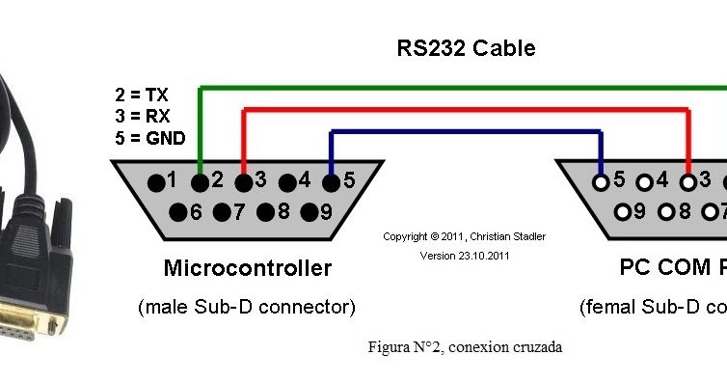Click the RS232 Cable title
click(466, 48)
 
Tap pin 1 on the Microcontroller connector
click(155, 180)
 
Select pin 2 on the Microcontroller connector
click(200, 180)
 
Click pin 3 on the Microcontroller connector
click(244, 180)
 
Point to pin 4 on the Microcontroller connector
click(287, 180)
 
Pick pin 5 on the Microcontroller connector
click(332, 180)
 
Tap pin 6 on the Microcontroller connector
click(177, 212)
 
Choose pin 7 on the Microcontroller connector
click(222, 212)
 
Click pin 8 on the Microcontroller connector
click(265, 212)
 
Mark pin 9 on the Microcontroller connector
click(310, 212)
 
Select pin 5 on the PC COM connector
click(601, 180)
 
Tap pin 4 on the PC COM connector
click(644, 180)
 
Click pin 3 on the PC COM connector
click(687, 180)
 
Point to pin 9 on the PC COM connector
click(623, 212)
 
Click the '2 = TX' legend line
click(141, 95)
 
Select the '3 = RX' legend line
click(141, 116)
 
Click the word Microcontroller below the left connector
click(247, 268)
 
